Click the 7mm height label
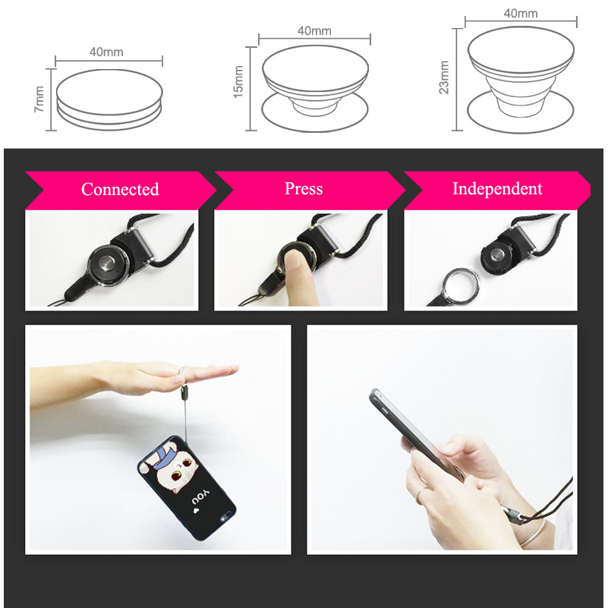(x=40, y=99)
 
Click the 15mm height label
(x=238, y=82)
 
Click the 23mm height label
(x=444, y=76)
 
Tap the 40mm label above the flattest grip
(x=106, y=52)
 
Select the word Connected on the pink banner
(x=120, y=189)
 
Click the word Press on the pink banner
(x=304, y=188)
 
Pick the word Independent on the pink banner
(x=497, y=188)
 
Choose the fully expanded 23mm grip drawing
(x=520, y=80)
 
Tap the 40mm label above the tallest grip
(x=520, y=14)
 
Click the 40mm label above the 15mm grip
(x=314, y=31)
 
